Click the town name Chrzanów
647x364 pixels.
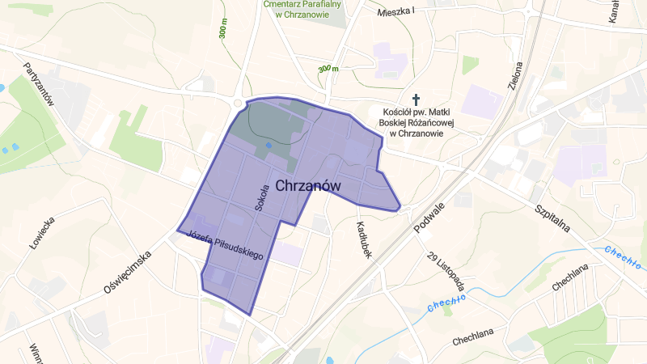(308, 186)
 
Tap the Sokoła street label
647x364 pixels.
(261, 197)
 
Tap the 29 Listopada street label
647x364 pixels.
(445, 272)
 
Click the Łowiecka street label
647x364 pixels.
(41, 233)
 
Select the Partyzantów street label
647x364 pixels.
(38, 84)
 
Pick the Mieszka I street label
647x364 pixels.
(395, 11)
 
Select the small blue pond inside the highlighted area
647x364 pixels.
(269, 145)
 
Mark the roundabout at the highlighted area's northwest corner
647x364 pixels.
(239, 103)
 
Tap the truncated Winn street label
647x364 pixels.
(36, 353)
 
